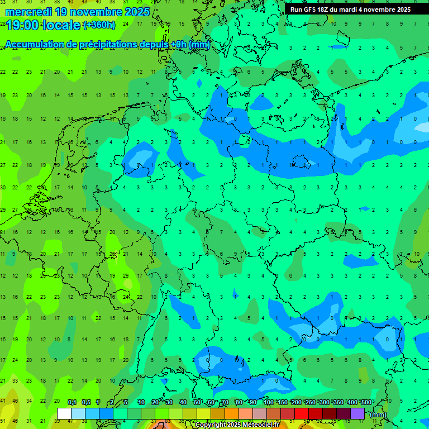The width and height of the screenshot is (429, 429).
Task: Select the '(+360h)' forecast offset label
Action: click(99, 25)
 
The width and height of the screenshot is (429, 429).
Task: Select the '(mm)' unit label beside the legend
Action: click(378, 414)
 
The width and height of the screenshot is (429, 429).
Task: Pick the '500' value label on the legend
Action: click(366, 403)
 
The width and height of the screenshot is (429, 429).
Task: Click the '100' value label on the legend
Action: click(269, 403)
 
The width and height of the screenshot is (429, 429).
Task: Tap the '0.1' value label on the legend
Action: click(72, 403)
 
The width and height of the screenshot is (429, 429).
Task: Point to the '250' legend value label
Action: click(310, 403)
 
